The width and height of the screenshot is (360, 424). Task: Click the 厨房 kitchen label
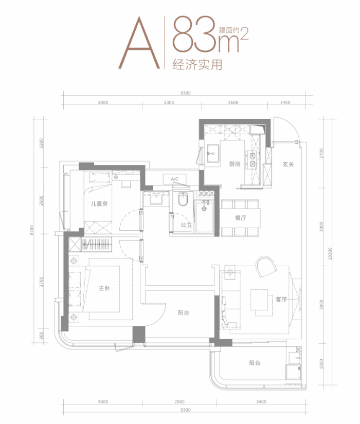pyautogui.click(x=235, y=164)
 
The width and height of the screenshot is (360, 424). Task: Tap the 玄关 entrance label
pyautogui.click(x=289, y=164)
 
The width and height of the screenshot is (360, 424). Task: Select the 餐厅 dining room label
pyautogui.click(x=241, y=218)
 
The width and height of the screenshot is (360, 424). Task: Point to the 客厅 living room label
pyautogui.click(x=281, y=299)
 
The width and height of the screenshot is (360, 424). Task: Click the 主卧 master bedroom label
pyautogui.click(x=104, y=288)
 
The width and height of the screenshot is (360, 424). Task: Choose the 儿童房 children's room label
pyautogui.click(x=99, y=204)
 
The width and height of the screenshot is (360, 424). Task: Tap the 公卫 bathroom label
pyautogui.click(x=186, y=225)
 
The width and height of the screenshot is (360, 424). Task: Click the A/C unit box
pyautogui.click(x=174, y=179)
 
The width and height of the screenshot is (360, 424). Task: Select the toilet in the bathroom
pyautogui.click(x=183, y=199)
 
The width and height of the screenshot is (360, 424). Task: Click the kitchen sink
pyautogui.click(x=213, y=153)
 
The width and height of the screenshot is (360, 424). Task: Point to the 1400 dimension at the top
pyautogui.click(x=285, y=102)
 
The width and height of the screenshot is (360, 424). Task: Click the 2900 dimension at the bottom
pyautogui.click(x=179, y=402)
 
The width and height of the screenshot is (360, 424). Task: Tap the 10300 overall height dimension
pyautogui.click(x=330, y=253)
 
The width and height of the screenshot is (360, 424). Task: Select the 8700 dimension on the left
pyautogui.click(x=32, y=230)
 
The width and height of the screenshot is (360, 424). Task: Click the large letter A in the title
pyautogui.click(x=139, y=43)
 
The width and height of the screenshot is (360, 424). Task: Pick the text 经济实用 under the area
pyautogui.click(x=197, y=65)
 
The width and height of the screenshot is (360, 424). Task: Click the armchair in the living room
pyautogui.click(x=266, y=266)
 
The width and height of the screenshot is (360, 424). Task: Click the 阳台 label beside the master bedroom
pyautogui.click(x=184, y=313)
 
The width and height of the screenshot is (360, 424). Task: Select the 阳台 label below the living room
pyautogui.click(x=255, y=363)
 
